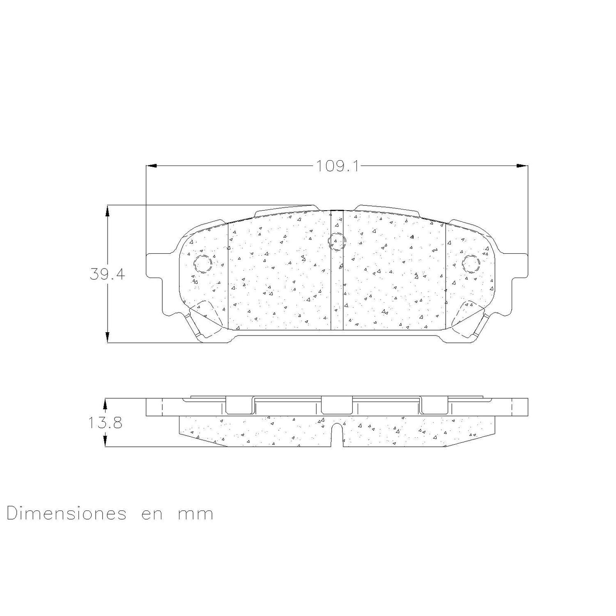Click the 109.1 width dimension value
pos(337,166)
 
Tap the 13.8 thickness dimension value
pos(105,423)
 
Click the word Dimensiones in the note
pos(66,514)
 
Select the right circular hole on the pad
pos(471,263)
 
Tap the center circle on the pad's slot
pos(336,241)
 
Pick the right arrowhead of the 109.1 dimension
pos(522,166)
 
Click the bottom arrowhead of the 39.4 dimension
pos(108,337)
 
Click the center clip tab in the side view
pos(337,405)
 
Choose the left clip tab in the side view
pos(240,405)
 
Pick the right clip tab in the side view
pos(434,405)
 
